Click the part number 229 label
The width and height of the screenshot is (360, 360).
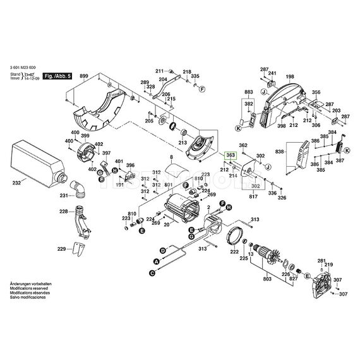point(62,250)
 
